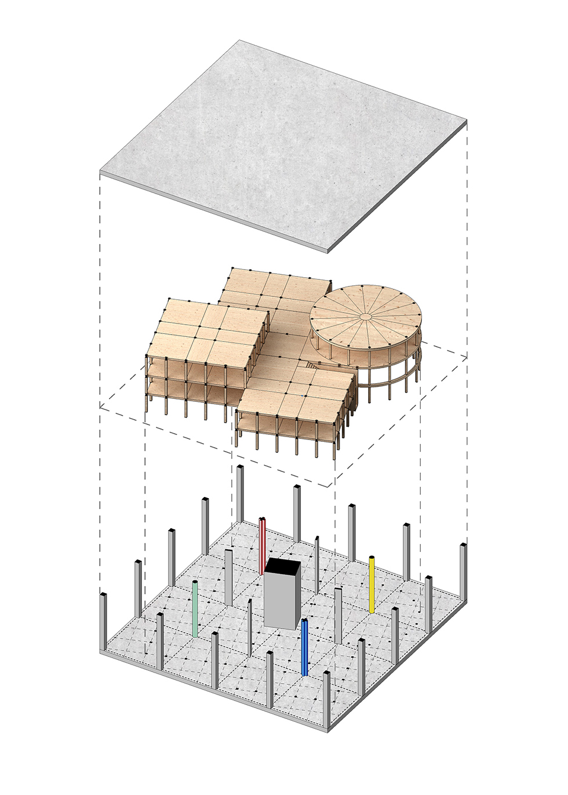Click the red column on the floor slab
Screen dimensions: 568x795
263,545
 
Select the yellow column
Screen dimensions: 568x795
372,585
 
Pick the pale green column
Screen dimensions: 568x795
195,609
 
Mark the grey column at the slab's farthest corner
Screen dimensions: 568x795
239,493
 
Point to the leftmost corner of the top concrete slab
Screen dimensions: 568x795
101,172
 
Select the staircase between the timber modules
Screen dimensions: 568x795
312,365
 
